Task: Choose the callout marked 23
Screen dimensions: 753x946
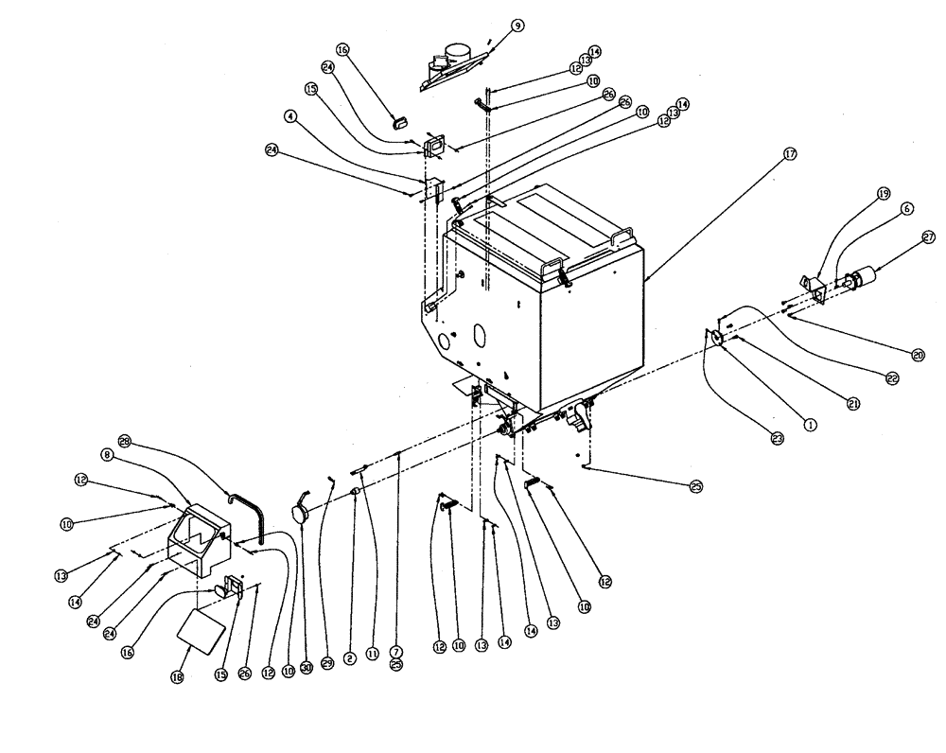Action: [778, 439]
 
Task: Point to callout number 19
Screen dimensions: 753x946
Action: [883, 193]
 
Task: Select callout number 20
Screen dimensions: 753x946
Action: [917, 356]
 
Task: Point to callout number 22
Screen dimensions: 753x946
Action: [891, 378]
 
